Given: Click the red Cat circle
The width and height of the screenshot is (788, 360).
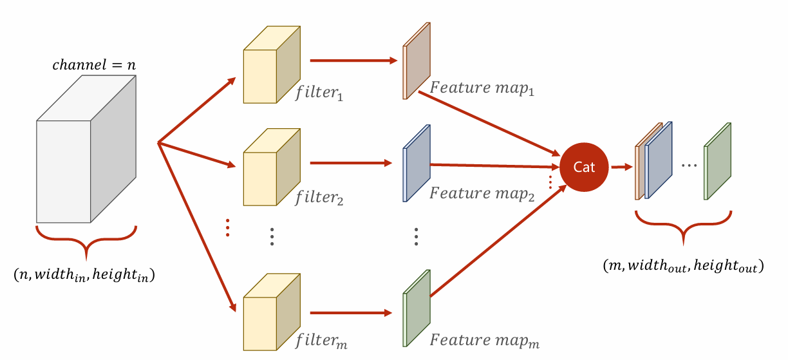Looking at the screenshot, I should (584, 167).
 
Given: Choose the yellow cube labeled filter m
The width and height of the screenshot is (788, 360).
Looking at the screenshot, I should (271, 312).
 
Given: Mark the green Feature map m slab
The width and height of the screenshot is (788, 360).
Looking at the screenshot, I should (415, 308).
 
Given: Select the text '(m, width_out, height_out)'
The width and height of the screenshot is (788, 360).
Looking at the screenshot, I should (683, 265).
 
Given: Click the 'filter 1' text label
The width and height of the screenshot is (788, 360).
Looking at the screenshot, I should (319, 95).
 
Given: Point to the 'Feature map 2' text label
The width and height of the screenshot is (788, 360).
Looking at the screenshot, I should (482, 193).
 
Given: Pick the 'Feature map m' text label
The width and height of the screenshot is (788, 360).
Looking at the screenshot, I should (485, 339).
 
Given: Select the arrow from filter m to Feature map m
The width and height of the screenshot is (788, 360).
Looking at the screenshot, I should (351, 314).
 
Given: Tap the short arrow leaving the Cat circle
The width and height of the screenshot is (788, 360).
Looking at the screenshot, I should (620, 167).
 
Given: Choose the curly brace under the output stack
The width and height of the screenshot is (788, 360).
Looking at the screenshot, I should (684, 226).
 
